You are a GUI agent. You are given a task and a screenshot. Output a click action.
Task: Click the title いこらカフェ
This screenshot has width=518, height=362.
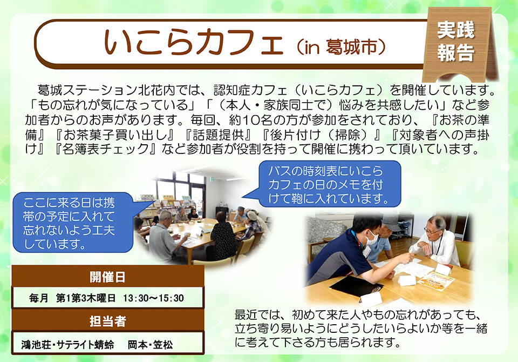(x=194, y=42)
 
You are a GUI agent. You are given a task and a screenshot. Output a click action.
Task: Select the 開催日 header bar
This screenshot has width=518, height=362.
(x=108, y=277)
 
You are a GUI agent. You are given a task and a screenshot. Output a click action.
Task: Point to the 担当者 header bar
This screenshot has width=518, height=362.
(x=108, y=320)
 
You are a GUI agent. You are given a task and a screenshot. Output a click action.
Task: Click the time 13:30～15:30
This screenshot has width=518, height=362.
(x=153, y=298)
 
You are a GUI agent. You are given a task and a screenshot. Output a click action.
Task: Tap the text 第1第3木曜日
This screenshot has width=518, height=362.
(x=86, y=298)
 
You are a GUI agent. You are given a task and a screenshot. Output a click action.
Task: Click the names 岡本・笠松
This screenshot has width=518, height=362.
(x=151, y=345)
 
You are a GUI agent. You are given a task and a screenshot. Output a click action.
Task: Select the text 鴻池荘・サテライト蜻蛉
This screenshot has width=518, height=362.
(x=68, y=345)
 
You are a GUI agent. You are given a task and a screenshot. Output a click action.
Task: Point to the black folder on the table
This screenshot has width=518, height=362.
(x=356, y=286)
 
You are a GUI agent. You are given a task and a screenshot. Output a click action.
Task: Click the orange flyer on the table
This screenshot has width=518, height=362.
(x=435, y=280)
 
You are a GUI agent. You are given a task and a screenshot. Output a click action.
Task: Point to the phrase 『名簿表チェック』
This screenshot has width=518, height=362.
(x=105, y=149)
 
